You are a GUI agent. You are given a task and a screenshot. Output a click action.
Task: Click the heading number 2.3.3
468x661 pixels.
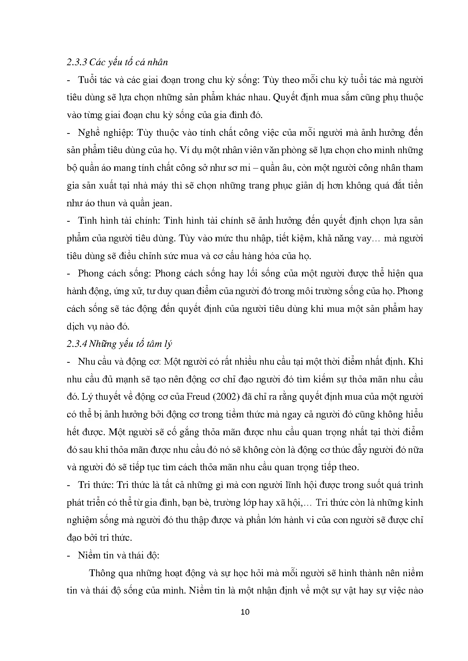coord(76,62)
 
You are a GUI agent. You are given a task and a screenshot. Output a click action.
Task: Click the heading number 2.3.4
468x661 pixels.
coord(76,344)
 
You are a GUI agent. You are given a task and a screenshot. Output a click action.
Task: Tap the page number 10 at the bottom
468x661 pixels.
coord(245,612)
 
